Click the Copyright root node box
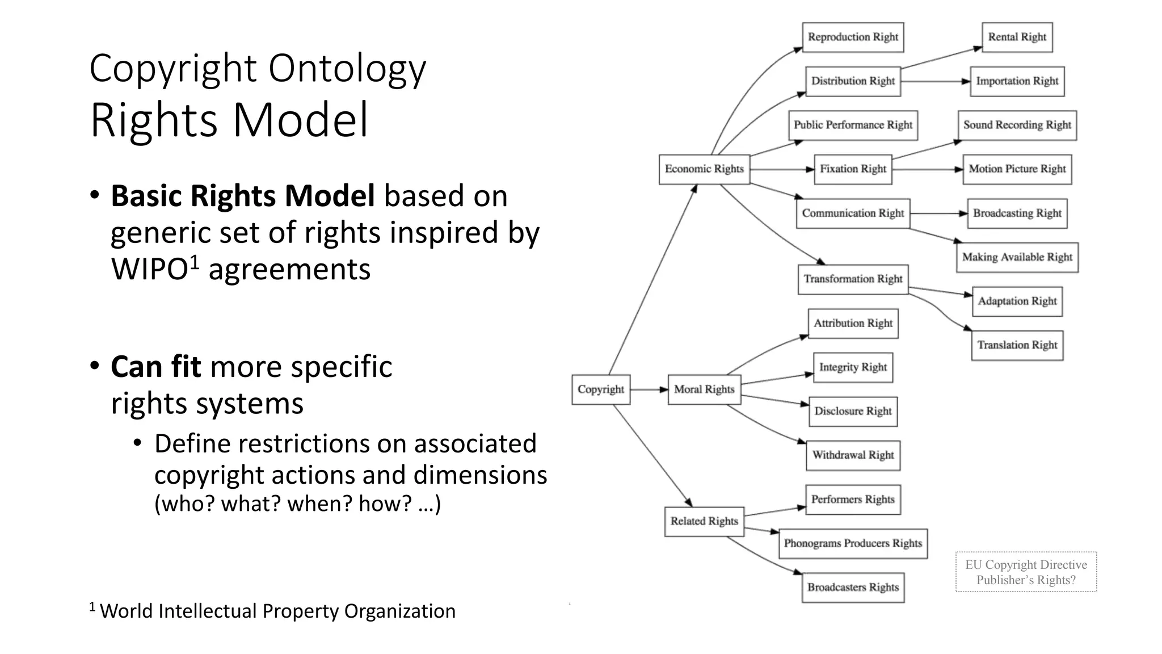(601, 389)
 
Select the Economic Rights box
(704, 169)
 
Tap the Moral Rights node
(704, 389)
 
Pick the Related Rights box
(704, 521)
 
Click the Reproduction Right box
(853, 37)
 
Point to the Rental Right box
(1017, 37)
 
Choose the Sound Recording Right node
(1017, 125)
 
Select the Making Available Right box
(1017, 257)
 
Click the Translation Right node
(1017, 345)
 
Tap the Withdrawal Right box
(853, 455)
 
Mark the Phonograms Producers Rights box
(853, 543)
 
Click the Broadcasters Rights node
(853, 588)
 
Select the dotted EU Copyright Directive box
(1026, 572)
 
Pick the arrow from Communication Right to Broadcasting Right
(938, 213)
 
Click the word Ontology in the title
(347, 69)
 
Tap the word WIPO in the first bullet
(149, 269)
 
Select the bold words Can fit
(155, 367)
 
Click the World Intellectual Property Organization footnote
(277, 611)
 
